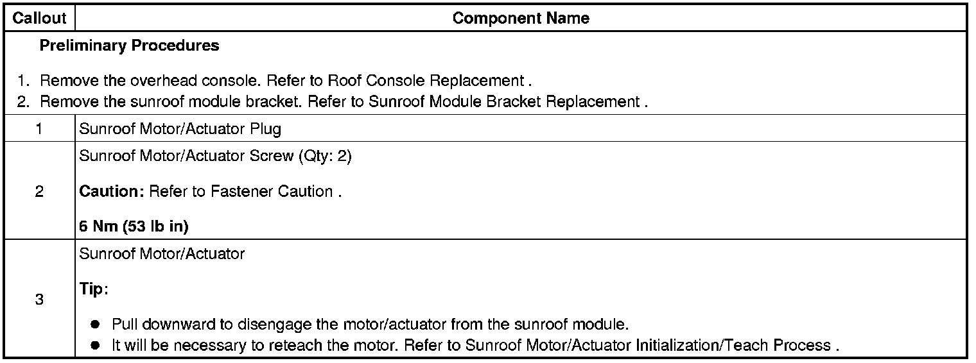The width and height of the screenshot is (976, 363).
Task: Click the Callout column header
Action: (x=39, y=19)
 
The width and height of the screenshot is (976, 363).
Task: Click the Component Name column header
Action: (x=521, y=19)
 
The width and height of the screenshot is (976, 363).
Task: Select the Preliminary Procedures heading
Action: (x=129, y=46)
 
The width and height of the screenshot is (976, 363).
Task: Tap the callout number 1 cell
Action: (x=39, y=129)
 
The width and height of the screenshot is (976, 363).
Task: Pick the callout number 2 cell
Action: (x=39, y=192)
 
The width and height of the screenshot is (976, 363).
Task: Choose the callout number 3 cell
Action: (x=39, y=300)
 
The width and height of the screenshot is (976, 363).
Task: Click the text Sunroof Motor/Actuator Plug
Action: (x=180, y=129)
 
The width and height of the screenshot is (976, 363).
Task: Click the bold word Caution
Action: (x=106, y=192)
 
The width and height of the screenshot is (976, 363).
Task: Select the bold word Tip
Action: (x=92, y=289)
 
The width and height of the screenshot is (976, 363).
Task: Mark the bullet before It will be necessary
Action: (x=95, y=346)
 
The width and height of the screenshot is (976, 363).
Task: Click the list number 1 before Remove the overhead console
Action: (x=23, y=81)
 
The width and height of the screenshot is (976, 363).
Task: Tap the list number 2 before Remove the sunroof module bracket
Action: (x=23, y=102)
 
